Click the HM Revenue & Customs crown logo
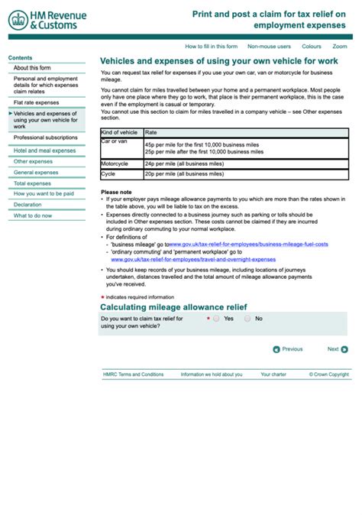tap(18, 21)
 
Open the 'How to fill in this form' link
tap(211, 46)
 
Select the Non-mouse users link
tap(269, 46)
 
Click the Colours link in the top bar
tap(312, 46)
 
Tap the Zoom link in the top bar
tap(340, 46)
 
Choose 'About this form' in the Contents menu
tap(32, 68)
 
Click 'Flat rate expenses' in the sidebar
tap(36, 102)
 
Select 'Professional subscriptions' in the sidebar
tap(45, 138)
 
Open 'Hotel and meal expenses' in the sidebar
tap(44, 151)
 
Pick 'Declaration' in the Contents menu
tap(27, 205)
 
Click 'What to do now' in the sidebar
tap(33, 215)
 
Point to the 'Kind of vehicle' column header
tap(120, 132)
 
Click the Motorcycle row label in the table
tap(116, 164)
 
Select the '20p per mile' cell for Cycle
tap(184, 174)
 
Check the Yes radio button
tap(216, 318)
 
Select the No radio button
tap(247, 318)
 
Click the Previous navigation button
tap(288, 349)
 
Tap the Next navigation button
tap(338, 349)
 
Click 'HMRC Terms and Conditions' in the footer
tap(134, 374)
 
